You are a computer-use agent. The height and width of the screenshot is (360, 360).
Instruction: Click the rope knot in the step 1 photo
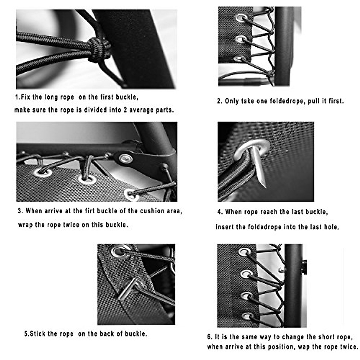99,49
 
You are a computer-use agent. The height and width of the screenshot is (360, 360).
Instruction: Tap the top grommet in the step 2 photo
241,18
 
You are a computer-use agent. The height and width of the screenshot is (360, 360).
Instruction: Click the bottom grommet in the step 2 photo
239,58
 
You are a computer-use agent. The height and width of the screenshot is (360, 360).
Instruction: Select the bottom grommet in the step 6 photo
247,316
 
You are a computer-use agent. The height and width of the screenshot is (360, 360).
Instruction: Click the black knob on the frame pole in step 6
304,267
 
